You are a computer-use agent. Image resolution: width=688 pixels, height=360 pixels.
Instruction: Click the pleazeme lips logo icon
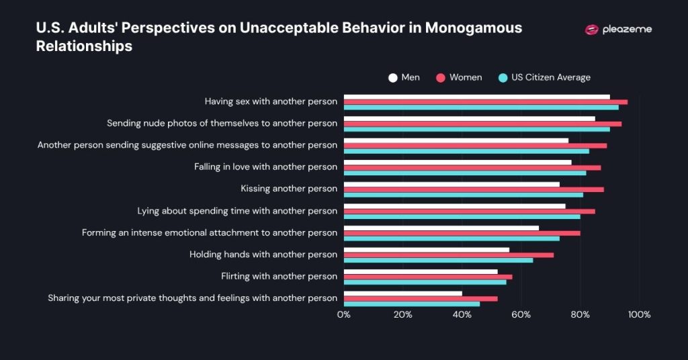[591, 30]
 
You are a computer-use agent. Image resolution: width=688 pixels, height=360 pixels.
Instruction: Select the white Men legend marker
[393, 77]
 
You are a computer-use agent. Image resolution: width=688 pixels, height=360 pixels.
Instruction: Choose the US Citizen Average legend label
[550, 77]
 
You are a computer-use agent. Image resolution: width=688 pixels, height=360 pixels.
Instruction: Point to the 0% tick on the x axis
[344, 314]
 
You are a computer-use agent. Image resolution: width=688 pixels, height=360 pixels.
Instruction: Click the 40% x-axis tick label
[462, 314]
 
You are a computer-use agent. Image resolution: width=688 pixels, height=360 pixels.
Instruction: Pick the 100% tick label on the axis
[638, 314]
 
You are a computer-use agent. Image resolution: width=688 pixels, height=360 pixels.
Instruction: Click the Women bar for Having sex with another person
[485, 102]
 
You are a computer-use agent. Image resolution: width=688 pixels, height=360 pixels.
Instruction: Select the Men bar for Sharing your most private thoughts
[403, 293]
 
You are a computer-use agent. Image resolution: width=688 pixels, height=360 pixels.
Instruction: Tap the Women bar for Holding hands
[449, 255]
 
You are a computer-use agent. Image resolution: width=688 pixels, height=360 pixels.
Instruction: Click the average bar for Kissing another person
[464, 195]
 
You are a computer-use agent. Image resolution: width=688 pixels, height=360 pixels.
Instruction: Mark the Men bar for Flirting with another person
[421, 271]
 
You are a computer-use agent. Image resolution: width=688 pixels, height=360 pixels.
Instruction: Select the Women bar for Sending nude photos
[482, 124]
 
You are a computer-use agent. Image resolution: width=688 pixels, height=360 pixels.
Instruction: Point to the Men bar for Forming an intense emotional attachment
[441, 228]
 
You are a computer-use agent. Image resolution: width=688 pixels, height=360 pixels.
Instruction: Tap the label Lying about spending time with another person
[237, 211]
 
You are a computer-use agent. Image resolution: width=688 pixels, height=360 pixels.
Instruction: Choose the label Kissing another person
[289, 189]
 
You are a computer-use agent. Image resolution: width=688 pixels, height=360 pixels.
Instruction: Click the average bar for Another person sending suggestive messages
[466, 151]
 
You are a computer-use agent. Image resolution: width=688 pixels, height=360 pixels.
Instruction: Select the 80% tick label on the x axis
[580, 314]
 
